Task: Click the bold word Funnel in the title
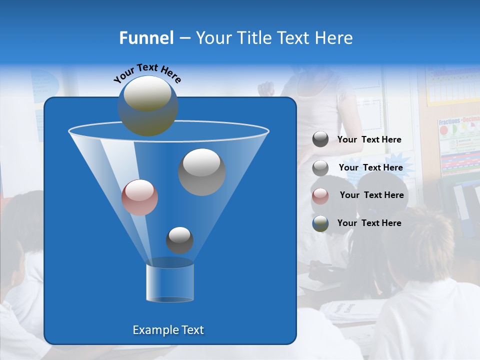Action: click(146, 38)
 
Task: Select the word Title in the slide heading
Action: click(253, 38)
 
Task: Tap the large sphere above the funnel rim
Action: click(147, 105)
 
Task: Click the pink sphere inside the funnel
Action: click(139, 197)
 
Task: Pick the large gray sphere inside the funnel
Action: click(201, 171)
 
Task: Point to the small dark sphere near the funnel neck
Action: click(179, 240)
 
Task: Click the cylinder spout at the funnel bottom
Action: click(170, 282)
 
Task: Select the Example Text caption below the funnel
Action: click(168, 330)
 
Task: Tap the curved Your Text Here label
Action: click(147, 73)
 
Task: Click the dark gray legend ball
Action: click(320, 139)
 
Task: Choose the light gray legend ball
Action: click(320, 167)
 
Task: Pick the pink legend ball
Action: click(320, 195)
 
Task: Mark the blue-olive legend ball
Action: click(320, 223)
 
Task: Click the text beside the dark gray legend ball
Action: click(369, 140)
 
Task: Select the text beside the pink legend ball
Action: click(371, 195)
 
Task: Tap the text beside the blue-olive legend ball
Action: click(369, 223)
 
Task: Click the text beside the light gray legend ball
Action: click(370, 167)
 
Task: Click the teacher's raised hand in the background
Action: click(266, 89)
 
